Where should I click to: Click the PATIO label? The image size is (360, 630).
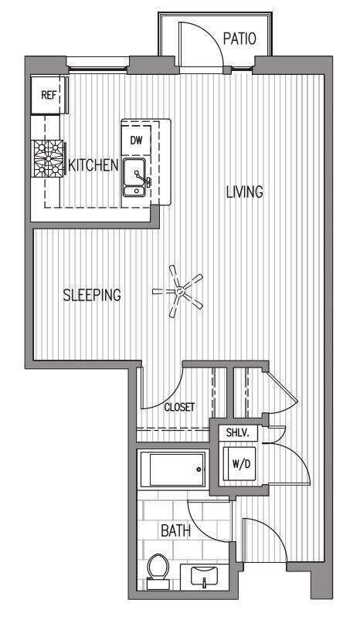[x=238, y=38]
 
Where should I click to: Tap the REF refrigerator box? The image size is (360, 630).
[x=49, y=97]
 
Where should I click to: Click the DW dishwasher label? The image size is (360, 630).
[x=136, y=140]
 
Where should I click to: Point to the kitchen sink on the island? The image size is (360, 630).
[x=136, y=180]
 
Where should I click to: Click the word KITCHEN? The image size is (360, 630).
[x=93, y=164]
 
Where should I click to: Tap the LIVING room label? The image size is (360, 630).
[x=244, y=191]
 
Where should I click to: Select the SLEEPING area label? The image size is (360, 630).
[x=92, y=294]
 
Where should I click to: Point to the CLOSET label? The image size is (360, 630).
[x=179, y=407]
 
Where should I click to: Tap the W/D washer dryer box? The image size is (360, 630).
[x=239, y=465]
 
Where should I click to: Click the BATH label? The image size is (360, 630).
[x=175, y=531]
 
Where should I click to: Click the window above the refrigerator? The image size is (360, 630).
[x=96, y=65]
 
